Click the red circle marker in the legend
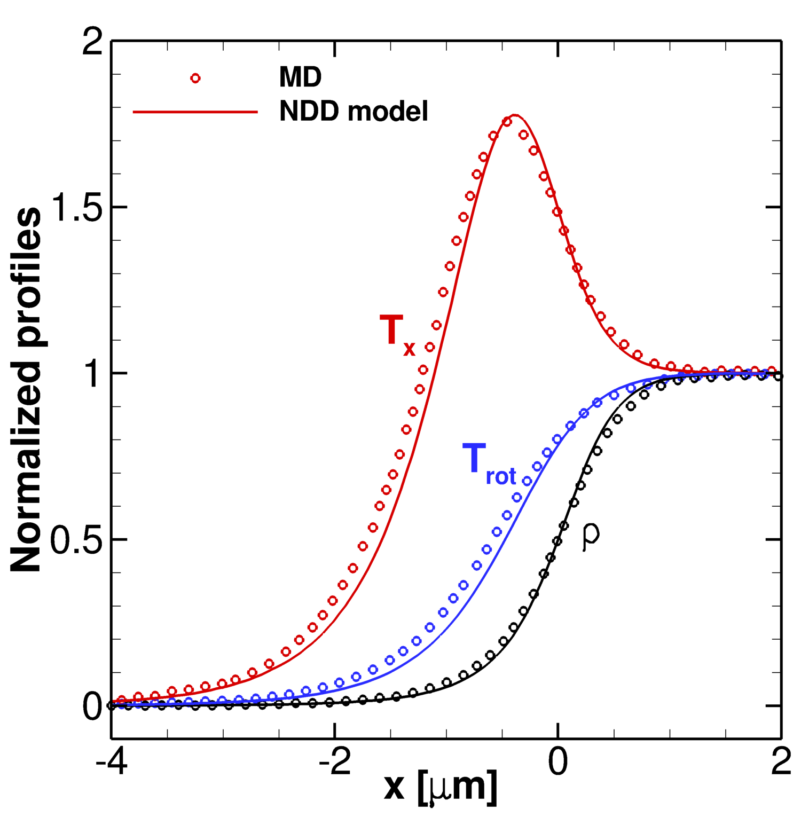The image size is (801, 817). (x=195, y=78)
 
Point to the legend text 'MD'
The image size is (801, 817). (x=300, y=78)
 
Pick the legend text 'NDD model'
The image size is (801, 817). (x=354, y=112)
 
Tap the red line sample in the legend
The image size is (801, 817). (x=195, y=112)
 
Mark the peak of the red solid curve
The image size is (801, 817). (x=514, y=115)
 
